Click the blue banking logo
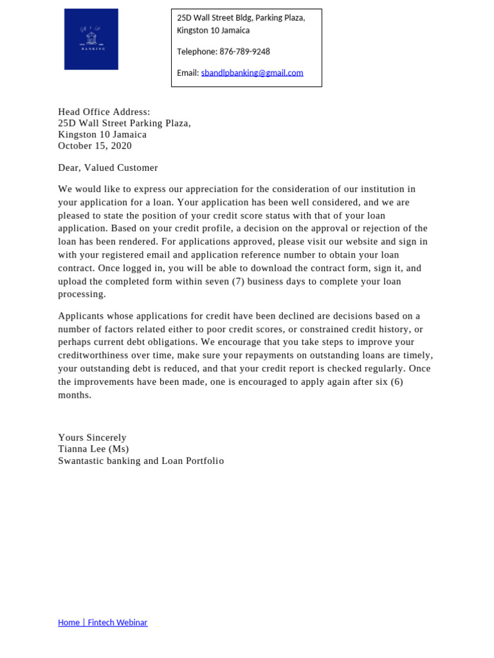[91, 39]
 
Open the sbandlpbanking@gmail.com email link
[252, 73]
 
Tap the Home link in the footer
[69, 622]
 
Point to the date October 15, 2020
[95, 146]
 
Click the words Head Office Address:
[104, 112]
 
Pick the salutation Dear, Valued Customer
[107, 168]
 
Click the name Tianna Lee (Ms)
[93, 449]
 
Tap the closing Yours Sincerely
[92, 438]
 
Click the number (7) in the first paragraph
[237, 281]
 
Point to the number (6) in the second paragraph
[396, 382]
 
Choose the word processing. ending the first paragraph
[82, 294]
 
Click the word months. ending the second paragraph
[75, 395]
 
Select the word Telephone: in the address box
[197, 51]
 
